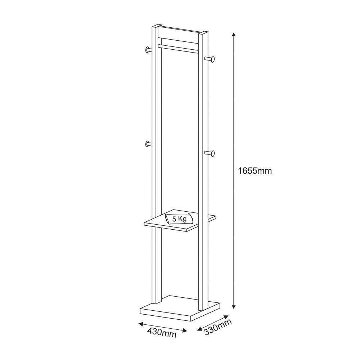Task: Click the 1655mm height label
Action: click(x=255, y=171)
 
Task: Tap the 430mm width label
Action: click(x=162, y=333)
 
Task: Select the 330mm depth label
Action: click(x=218, y=327)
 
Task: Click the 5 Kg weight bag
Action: click(x=179, y=219)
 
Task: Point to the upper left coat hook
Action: click(x=148, y=50)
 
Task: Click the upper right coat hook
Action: click(x=211, y=59)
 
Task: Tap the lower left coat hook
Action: click(x=148, y=144)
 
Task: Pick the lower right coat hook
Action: click(x=211, y=153)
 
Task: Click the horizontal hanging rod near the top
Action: click(x=178, y=49)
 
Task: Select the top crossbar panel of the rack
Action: click(x=178, y=34)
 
